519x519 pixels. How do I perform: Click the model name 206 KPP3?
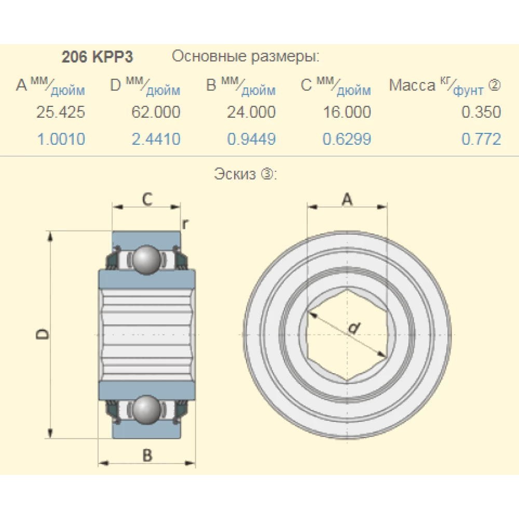pos(97,57)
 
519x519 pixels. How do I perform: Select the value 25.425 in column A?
pos(61,112)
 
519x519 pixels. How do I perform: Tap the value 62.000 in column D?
pos(156,112)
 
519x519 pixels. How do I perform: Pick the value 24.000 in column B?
pos(251,112)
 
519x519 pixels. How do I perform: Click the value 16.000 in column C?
pos(347,112)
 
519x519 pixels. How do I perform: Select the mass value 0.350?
pos(481,112)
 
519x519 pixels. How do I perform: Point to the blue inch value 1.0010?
pos(61,139)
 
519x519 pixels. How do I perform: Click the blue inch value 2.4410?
pos(156,139)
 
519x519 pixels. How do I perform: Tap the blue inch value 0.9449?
pos(251,139)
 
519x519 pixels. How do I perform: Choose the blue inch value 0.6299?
pos(347,139)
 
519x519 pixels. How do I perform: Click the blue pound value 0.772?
pos(481,139)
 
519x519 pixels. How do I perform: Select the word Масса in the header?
pos(412,86)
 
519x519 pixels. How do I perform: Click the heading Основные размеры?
pos(245,56)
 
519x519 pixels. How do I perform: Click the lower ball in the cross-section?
pos(147,409)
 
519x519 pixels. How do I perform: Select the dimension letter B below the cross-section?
pos(147,455)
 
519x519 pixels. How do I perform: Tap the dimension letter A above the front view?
pos(347,198)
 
